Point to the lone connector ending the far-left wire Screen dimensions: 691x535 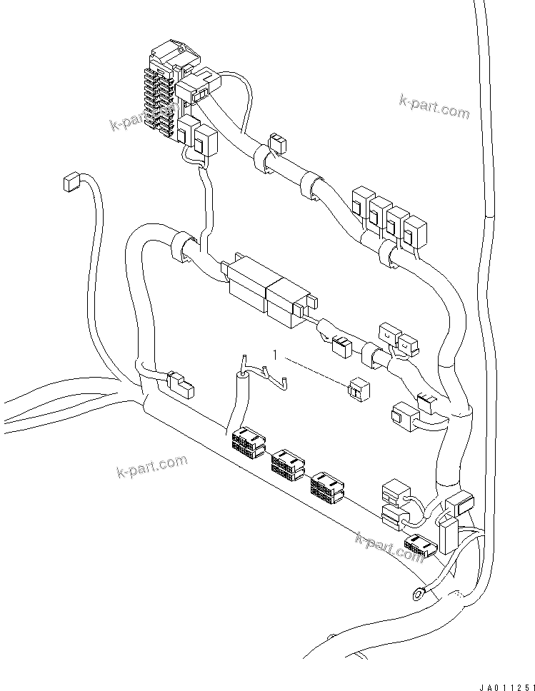[x=70, y=183]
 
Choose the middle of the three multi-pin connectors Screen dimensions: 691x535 [x=287, y=464]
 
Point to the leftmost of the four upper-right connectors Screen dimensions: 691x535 [x=361, y=201]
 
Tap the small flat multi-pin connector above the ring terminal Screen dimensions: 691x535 [x=419, y=548]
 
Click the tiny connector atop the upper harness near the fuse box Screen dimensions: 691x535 [x=276, y=142]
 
